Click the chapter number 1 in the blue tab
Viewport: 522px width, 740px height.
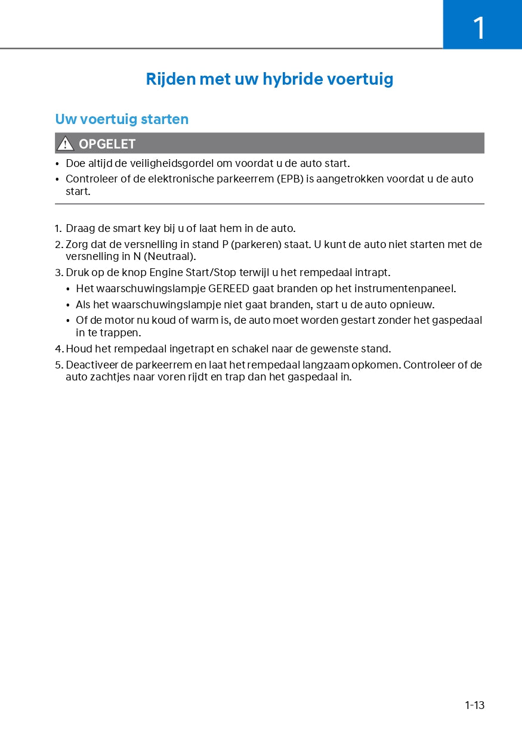coord(479,28)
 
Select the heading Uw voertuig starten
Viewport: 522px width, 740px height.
coord(122,119)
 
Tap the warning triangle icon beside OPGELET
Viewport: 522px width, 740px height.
coord(65,144)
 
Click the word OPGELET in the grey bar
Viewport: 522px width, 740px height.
coord(107,144)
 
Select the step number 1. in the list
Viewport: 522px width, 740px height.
coord(58,228)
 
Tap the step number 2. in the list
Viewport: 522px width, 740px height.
coord(58,244)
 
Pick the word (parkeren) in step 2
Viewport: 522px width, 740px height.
coord(256,244)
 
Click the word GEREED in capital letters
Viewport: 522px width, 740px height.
coord(229,289)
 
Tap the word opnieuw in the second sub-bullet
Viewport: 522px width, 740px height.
coord(414,305)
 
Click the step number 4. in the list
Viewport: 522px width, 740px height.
coord(58,349)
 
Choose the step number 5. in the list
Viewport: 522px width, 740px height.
coord(58,365)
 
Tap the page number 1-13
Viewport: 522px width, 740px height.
coord(475,705)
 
